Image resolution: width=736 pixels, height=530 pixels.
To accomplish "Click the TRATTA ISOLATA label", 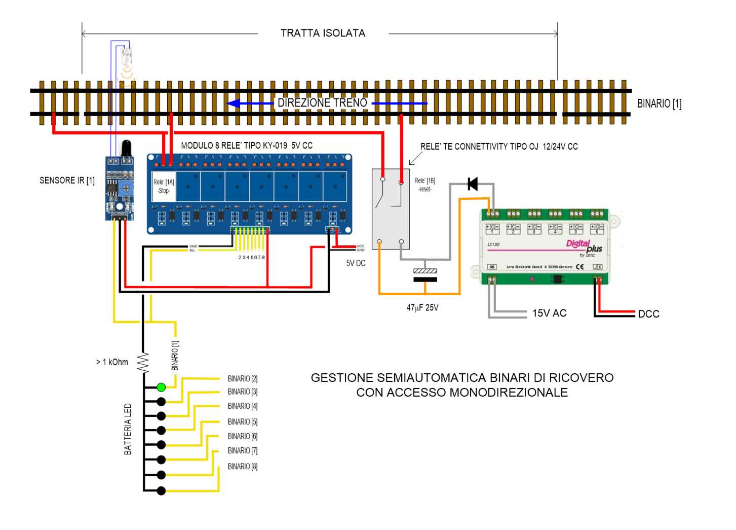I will [x=323, y=33].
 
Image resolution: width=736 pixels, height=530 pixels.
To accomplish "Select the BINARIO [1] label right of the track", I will [x=659, y=103].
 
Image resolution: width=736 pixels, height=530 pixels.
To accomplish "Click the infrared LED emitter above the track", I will [x=127, y=55].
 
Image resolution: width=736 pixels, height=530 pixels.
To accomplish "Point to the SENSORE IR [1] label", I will [x=67, y=181].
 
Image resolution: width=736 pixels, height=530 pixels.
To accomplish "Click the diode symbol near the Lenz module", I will [x=473, y=184].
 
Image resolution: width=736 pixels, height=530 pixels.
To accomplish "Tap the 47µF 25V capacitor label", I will [x=422, y=307].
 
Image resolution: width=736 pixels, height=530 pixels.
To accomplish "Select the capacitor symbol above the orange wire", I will [x=425, y=275].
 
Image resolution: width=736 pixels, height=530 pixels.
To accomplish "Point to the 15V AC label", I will [x=549, y=313].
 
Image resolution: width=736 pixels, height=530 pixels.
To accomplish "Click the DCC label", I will [x=648, y=314].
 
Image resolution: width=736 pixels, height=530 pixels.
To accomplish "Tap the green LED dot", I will [x=161, y=387].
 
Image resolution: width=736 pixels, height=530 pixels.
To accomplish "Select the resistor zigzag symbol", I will [x=143, y=362].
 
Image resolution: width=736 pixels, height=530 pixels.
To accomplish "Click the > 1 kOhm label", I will [x=112, y=362].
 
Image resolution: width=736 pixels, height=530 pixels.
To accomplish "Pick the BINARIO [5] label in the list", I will [x=242, y=421].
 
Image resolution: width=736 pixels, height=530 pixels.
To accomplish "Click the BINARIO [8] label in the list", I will [x=242, y=466].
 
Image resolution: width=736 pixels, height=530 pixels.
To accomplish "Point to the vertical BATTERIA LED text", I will [x=128, y=429].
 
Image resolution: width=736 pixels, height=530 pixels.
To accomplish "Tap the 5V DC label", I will [x=356, y=263].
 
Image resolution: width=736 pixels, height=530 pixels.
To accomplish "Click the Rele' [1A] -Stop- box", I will [x=164, y=186].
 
